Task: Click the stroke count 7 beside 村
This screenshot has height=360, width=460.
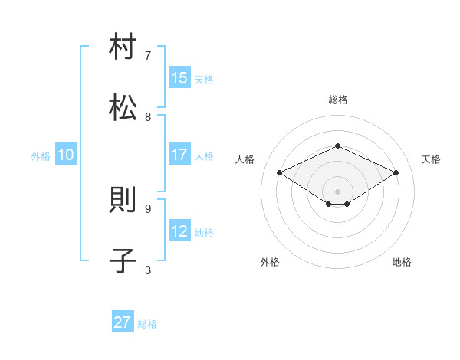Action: pyautogui.click(x=148, y=55)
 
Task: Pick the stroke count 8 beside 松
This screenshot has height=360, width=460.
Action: pyautogui.click(x=148, y=116)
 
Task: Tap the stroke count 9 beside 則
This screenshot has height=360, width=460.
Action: pyautogui.click(x=148, y=208)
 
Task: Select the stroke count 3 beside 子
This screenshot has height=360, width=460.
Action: pyautogui.click(x=148, y=270)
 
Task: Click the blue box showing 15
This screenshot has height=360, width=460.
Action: pyautogui.click(x=179, y=78)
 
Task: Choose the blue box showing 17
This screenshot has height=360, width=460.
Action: pyautogui.click(x=179, y=155)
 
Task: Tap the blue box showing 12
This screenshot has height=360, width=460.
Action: pyautogui.click(x=179, y=231)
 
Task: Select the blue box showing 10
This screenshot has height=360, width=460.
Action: pyautogui.click(x=66, y=155)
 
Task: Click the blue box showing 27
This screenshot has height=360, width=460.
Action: pyautogui.click(x=123, y=322)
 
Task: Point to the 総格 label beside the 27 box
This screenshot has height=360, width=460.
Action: pyautogui.click(x=147, y=324)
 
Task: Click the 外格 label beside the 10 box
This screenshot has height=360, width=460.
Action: pyautogui.click(x=41, y=155)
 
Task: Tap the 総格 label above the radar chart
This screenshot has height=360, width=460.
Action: pyautogui.click(x=337, y=100)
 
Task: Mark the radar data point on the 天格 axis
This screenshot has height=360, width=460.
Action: pyautogui.click(x=396, y=173)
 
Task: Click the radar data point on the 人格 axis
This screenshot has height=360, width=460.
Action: pyautogui.click(x=280, y=173)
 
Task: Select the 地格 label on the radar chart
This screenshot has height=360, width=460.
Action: pyautogui.click(x=402, y=262)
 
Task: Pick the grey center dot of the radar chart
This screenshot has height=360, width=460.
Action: pyautogui.click(x=337, y=191)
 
